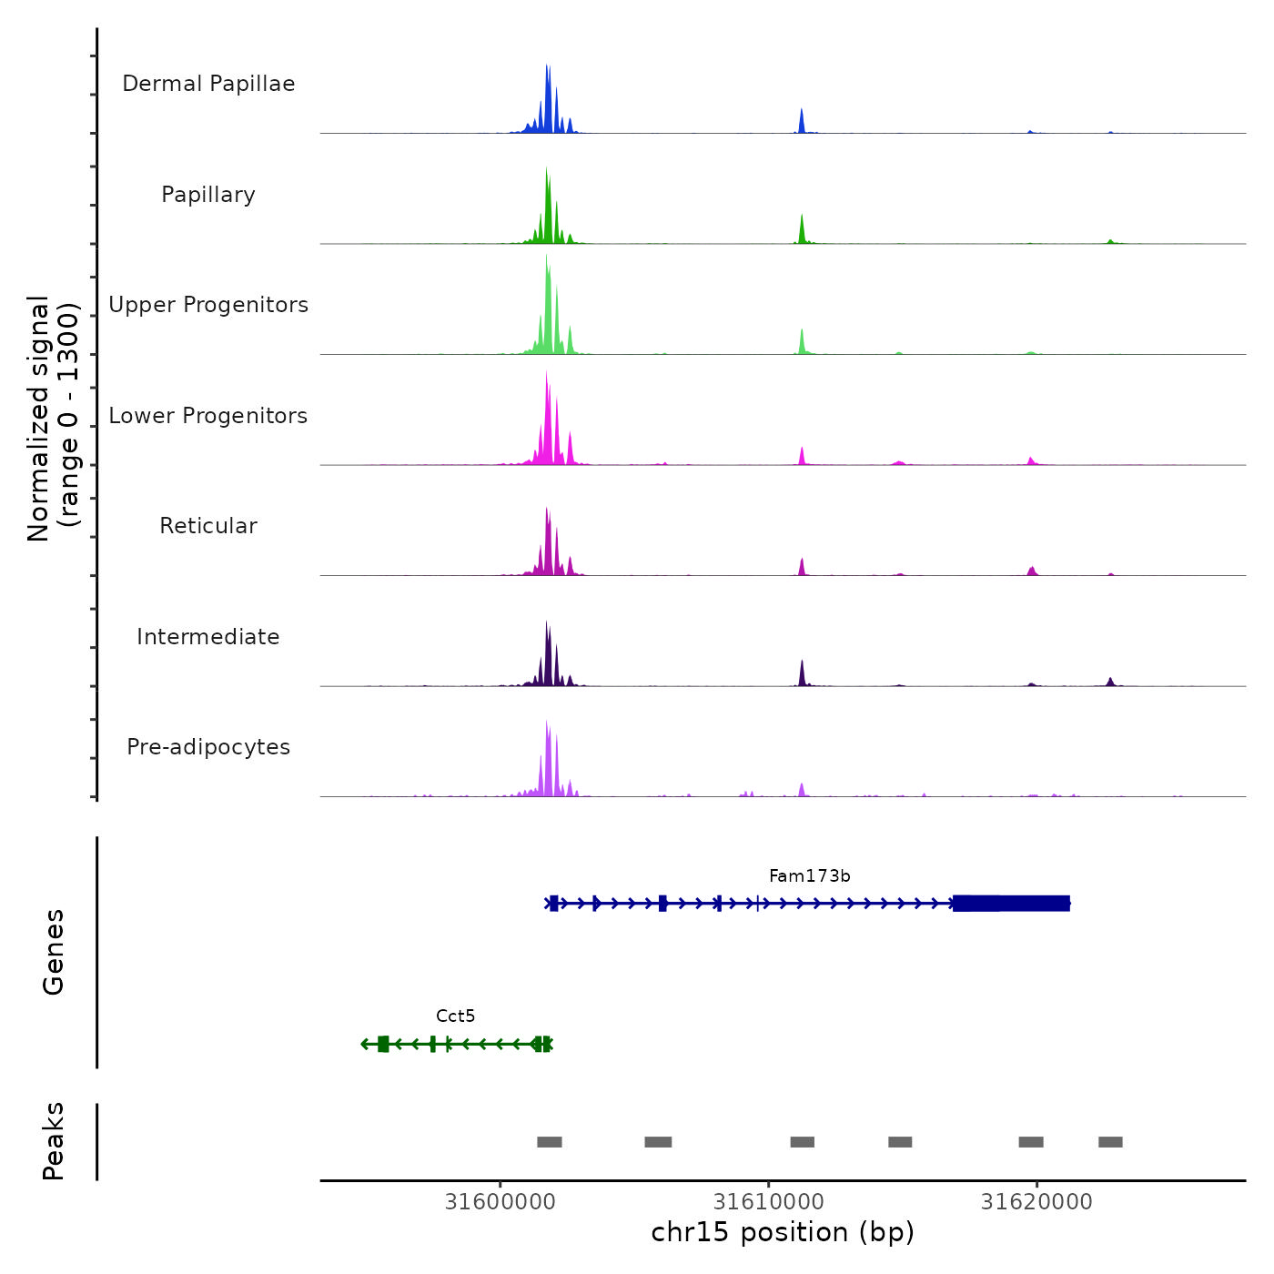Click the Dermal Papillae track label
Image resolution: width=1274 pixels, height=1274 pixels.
coord(208,84)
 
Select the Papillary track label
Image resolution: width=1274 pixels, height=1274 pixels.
coord(208,195)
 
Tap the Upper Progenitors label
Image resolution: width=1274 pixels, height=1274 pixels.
coord(208,305)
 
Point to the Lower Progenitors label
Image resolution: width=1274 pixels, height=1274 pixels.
coord(208,416)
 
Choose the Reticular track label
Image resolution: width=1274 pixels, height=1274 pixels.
coord(208,526)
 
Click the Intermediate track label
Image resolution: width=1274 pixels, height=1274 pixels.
coord(208,637)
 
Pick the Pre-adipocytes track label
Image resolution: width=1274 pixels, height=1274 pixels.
coord(208,747)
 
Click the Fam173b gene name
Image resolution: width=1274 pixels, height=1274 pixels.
coord(809,876)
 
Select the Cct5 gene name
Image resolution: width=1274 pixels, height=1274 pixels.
coord(455,1016)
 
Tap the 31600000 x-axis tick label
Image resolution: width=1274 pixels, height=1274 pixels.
coord(500,1202)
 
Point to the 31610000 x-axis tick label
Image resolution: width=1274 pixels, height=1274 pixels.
coord(768,1202)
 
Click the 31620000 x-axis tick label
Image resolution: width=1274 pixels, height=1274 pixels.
coord(1036,1202)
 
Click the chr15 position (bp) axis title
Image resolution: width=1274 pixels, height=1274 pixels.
coord(783,1233)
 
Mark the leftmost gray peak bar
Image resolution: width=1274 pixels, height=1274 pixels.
coord(550,1142)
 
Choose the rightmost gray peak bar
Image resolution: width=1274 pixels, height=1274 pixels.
coord(1110,1142)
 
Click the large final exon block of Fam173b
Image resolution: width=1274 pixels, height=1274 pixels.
coord(1011,904)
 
